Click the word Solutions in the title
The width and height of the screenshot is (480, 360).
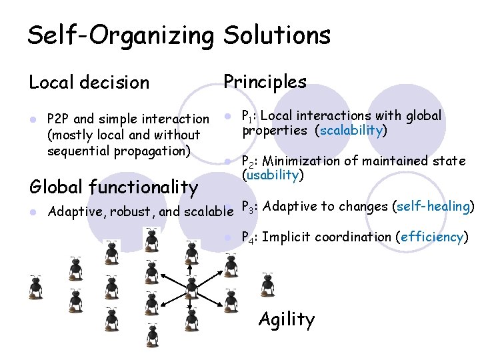pos(277,35)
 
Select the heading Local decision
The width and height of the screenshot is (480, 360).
pos(89,83)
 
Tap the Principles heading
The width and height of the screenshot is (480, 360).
pos(265,81)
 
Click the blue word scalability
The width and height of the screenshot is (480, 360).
pos(351,130)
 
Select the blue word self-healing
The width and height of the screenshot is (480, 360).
pos(433,206)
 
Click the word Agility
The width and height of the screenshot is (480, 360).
pos(286,319)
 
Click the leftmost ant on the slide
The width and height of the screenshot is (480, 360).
pos(35,286)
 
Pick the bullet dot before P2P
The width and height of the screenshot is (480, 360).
pos(32,119)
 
